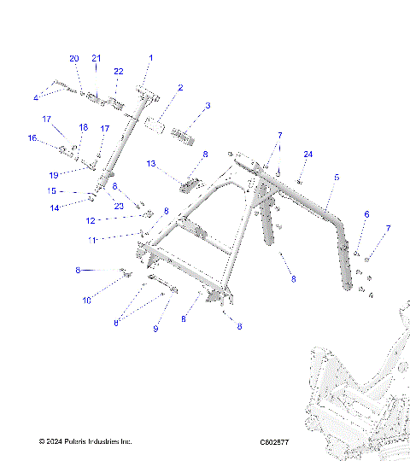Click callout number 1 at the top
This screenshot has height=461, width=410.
pyautogui.click(x=151, y=58)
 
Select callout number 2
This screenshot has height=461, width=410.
pyautogui.click(x=180, y=88)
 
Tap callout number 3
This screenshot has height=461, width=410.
pyautogui.click(x=207, y=106)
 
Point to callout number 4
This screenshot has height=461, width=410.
pyautogui.click(x=37, y=95)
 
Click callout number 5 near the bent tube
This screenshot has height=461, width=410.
pyautogui.click(x=337, y=177)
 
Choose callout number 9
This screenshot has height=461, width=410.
pyautogui.click(x=155, y=328)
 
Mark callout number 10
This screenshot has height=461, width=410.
pyautogui.click(x=86, y=301)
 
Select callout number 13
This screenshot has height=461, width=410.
pyautogui.click(x=150, y=162)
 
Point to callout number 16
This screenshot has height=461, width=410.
pyautogui.click(x=32, y=137)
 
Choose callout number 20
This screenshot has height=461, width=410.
pyautogui.click(x=74, y=58)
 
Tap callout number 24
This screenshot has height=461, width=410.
pyautogui.click(x=307, y=154)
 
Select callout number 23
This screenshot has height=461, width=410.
pyautogui.click(x=119, y=206)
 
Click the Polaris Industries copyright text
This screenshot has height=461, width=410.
pyautogui.click(x=85, y=441)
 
